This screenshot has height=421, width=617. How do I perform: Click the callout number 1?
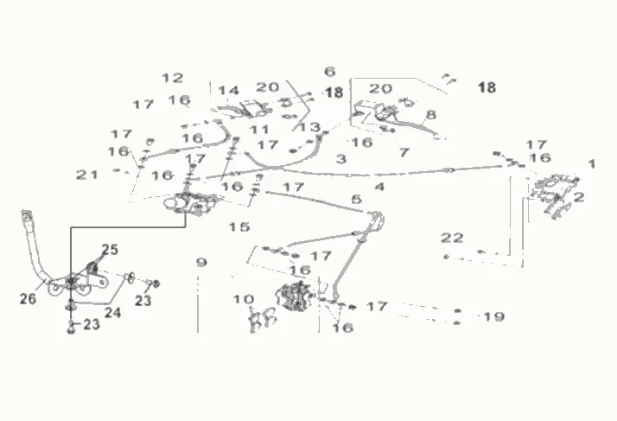point(592,163)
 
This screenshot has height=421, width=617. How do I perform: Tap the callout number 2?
point(579,197)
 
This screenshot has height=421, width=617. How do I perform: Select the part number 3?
point(341,159)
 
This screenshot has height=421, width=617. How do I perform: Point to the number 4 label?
point(379,186)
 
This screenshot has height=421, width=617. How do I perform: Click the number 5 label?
point(356,201)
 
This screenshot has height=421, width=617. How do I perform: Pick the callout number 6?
point(330,72)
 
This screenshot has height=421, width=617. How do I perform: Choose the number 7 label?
point(403,153)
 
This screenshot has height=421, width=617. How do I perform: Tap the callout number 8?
point(430,115)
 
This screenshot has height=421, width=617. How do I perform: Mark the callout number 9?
point(201,261)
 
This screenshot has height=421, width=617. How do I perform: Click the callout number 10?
point(244,299)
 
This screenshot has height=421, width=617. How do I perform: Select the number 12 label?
point(173,78)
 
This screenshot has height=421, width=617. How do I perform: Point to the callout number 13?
point(309,127)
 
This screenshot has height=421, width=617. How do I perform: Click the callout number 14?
point(228,91)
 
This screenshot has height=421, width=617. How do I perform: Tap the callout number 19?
point(493,316)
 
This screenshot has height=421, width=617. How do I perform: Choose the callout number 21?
point(86,175)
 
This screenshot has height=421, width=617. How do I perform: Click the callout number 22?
point(452,237)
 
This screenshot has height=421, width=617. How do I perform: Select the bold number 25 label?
point(109,250)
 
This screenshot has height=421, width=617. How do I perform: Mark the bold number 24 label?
point(113,312)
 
